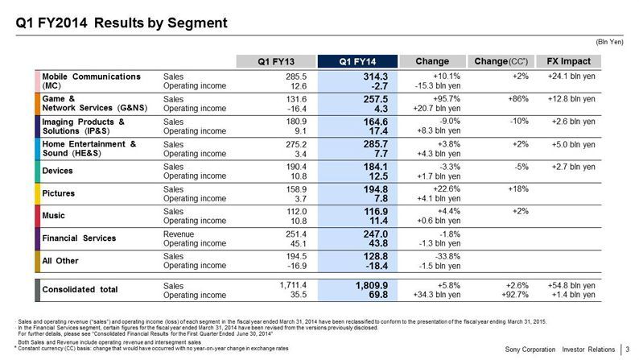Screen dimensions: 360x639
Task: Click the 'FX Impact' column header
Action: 568,60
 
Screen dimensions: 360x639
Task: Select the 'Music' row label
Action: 55,217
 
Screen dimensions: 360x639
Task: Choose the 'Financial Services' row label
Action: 79,239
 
